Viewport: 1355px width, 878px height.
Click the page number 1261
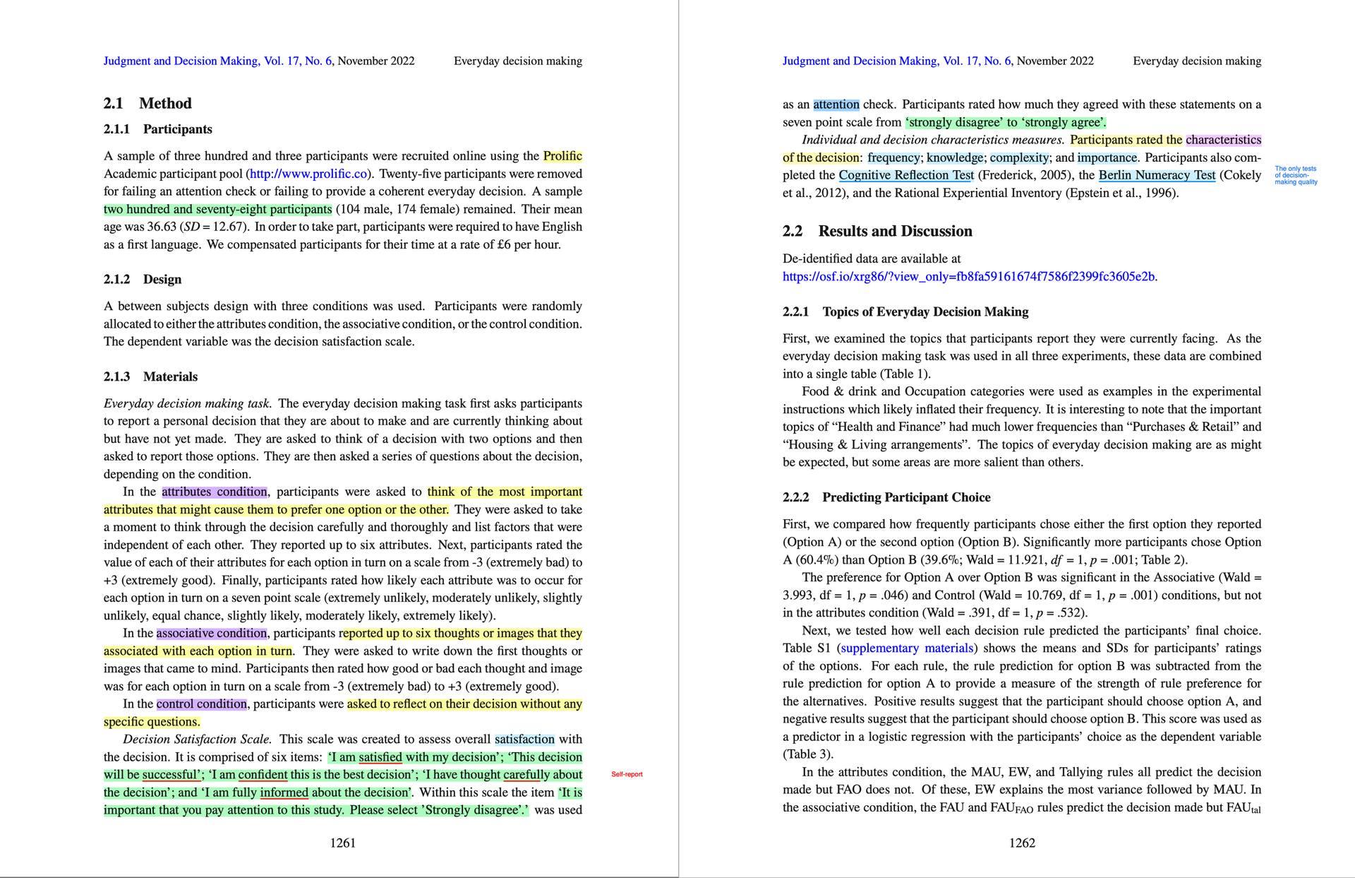(342, 843)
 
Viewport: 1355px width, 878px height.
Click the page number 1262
(1021, 843)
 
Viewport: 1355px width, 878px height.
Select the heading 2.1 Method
(147, 103)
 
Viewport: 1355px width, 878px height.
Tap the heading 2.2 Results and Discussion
(877, 231)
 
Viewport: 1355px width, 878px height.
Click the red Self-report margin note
(627, 775)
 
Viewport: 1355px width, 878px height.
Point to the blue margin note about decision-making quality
(1296, 175)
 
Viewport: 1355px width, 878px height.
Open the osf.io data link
(968, 276)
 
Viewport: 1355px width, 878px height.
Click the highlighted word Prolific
(562, 156)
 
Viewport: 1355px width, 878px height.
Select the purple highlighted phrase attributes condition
(215, 492)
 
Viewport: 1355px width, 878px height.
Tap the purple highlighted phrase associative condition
(212, 633)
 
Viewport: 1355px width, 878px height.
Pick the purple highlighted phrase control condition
(202, 704)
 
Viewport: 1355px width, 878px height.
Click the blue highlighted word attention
(836, 105)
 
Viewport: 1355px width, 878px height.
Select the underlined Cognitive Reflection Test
(906, 175)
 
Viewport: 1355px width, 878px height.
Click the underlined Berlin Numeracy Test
(1157, 175)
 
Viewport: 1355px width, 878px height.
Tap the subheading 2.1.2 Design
(143, 279)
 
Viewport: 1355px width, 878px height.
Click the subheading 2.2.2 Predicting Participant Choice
(886, 497)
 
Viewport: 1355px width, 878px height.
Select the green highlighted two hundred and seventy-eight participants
(217, 209)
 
